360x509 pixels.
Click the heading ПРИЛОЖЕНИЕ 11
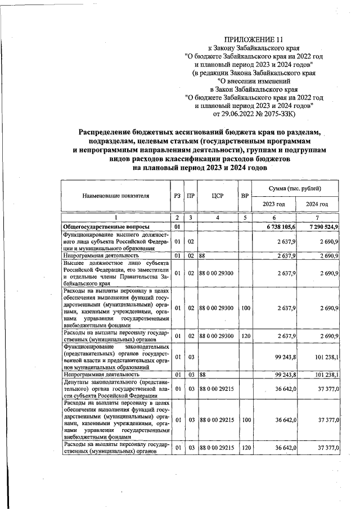[251, 39]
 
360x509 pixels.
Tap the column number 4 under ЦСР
[217, 217]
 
